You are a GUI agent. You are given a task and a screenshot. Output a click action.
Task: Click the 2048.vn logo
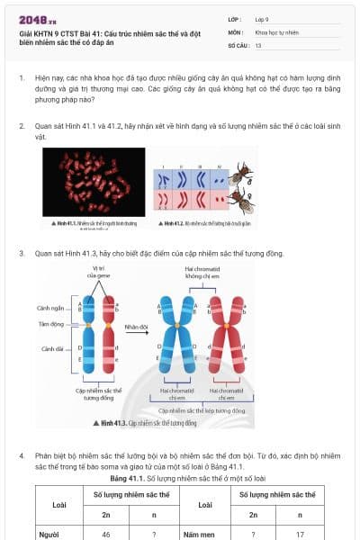pos(34,20)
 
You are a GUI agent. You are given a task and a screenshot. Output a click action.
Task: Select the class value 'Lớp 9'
pos(263,18)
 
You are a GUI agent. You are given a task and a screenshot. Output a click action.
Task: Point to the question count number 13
pos(258,44)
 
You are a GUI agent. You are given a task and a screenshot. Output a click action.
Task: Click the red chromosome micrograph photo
pos(94,181)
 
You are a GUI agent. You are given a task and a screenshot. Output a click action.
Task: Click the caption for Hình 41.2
pos(203,221)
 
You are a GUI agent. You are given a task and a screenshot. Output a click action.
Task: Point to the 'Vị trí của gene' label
pos(100,271)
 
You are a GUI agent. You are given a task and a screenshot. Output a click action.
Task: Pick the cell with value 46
pos(105,534)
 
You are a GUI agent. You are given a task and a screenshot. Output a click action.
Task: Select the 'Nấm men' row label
pos(196,534)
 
